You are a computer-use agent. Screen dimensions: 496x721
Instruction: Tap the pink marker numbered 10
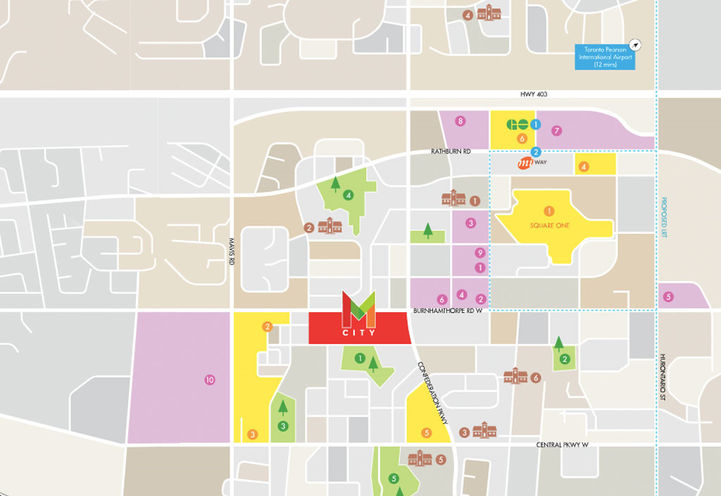(209, 379)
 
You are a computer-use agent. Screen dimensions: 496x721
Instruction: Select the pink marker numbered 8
(460, 121)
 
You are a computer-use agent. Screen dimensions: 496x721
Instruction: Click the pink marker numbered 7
(557, 130)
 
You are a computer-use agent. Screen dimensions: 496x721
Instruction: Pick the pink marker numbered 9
(480, 253)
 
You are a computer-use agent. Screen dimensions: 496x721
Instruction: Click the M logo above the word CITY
(358, 309)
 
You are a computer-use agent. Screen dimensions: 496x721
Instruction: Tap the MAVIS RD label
(230, 260)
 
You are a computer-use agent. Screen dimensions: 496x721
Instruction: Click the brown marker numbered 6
(536, 378)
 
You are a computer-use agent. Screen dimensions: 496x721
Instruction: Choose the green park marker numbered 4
(348, 195)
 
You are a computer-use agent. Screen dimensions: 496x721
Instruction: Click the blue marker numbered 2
(536, 152)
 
